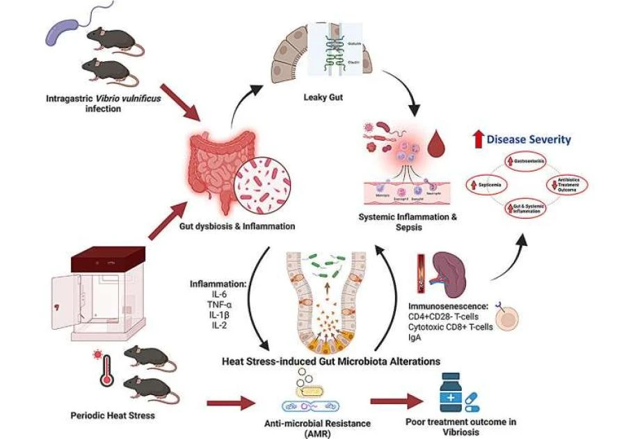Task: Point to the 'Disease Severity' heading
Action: coord(529,139)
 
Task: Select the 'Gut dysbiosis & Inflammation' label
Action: coord(248,226)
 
